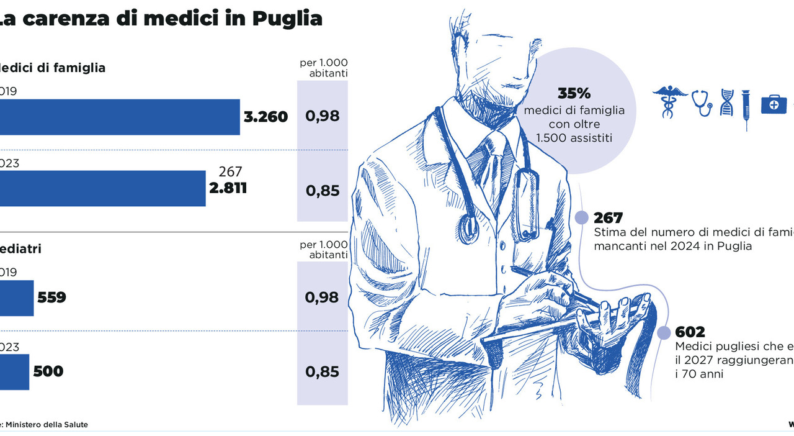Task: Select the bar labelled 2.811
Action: pos(102,188)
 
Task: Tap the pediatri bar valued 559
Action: pos(17,297)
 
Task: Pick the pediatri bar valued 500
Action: pos(14,371)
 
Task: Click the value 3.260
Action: pos(265,117)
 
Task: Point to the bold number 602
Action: pos(690,332)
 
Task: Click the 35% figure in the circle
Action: pos(574,94)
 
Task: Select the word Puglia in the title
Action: pos(287,18)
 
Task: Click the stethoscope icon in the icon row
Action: pos(702,102)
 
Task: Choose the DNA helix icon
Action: pos(726,102)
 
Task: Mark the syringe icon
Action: pos(746,109)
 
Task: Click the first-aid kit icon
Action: pos(774,104)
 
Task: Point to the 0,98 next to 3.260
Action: pos(322,116)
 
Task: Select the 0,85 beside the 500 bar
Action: pos(322,372)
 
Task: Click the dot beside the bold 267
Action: pos(581,218)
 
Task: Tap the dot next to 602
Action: pos(664,332)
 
